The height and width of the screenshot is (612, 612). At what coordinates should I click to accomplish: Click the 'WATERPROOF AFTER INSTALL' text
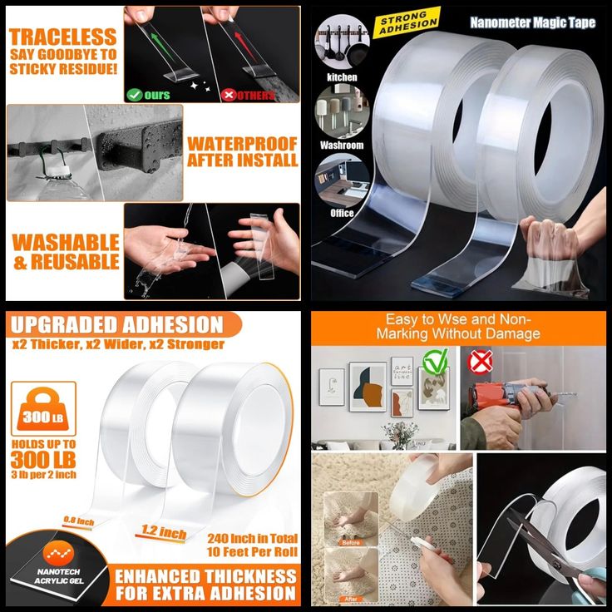click(242, 151)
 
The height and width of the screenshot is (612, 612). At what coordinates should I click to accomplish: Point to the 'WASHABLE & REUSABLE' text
click(66, 252)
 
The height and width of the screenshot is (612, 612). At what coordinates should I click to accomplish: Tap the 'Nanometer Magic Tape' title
click(532, 22)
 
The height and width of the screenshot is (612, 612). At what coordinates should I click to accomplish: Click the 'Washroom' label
click(342, 145)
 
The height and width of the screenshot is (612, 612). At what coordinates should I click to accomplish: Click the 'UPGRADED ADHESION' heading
click(116, 324)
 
